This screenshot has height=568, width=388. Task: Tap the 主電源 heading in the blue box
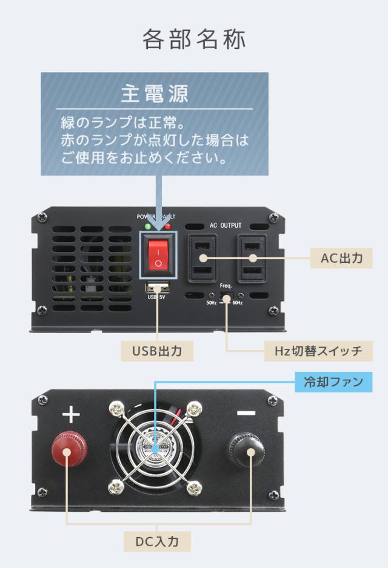154,94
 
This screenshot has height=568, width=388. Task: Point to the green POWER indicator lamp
148,226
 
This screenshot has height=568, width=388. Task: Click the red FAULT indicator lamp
167,226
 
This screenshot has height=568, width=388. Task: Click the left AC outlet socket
202,258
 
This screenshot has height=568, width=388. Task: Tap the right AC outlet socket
252,258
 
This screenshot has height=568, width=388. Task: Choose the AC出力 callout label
341,258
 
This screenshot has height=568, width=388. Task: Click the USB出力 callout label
157,351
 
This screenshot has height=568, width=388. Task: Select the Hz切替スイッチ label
313,351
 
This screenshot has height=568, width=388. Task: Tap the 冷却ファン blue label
333,382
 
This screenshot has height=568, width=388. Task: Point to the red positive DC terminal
71,449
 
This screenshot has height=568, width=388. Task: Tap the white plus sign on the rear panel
71,415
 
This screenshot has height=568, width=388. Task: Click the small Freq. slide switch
227,297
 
